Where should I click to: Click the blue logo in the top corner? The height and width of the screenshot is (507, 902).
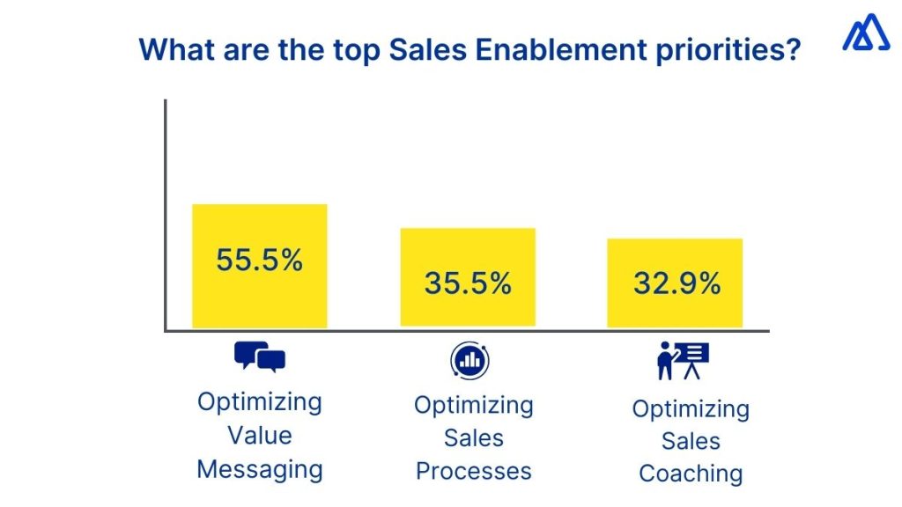coord(865,33)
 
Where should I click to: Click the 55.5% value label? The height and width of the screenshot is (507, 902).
coord(260,261)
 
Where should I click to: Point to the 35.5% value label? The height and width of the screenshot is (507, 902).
coord(468,283)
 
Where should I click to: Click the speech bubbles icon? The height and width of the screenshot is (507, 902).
coord(260,357)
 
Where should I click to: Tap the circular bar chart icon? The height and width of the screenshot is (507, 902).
coord(470,360)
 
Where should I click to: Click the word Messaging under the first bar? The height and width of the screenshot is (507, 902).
coord(260,469)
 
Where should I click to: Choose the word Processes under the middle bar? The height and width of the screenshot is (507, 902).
coord(474,471)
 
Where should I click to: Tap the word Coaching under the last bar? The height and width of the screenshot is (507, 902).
coord(691,474)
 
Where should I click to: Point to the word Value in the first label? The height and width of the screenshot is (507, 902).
coord(260,436)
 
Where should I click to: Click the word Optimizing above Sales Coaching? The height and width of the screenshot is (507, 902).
coord(691,409)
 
